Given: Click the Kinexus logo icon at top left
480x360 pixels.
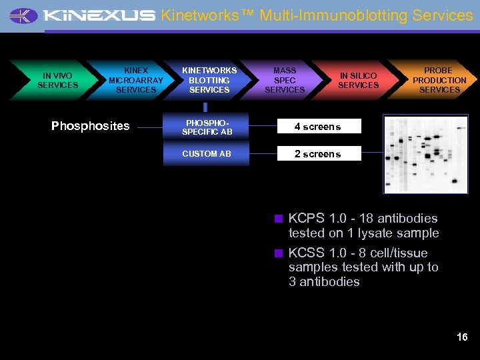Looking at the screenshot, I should tap(24, 15).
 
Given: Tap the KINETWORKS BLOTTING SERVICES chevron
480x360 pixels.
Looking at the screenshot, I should tap(209, 81).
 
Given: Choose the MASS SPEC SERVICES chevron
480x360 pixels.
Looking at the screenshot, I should tap(285, 81).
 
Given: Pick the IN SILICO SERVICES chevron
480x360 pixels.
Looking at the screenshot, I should tap(358, 81).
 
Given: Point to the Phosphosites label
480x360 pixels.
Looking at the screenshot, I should tap(91, 126).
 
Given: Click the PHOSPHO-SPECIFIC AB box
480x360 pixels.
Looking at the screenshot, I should tap(207, 127).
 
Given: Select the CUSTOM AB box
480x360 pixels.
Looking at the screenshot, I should tap(207, 154).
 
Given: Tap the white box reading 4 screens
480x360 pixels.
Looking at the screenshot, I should tap(318, 127).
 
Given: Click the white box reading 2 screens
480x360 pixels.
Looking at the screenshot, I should tap(318, 154).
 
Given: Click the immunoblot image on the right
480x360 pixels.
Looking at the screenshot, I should tap(425, 154).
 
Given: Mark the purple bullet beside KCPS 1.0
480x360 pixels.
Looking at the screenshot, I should tap(279, 218).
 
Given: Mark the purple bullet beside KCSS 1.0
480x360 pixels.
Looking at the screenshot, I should tap(279, 253).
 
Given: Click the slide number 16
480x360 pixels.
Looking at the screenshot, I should tap(462, 337).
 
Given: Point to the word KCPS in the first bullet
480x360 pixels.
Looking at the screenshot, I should tap(306, 219).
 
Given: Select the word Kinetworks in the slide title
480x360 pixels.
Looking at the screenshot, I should tap(203, 15).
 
